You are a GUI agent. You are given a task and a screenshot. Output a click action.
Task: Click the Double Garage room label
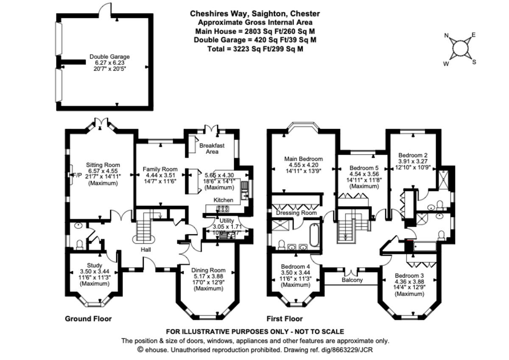click(x=109, y=56)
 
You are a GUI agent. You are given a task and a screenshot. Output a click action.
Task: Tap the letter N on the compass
click(x=446, y=36)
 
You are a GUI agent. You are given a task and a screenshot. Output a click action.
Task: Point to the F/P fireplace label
click(x=77, y=175)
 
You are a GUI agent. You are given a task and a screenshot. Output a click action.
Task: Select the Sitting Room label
click(x=103, y=165)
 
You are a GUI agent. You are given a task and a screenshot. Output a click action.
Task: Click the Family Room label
click(x=160, y=169)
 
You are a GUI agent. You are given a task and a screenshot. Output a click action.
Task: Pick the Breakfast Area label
click(x=212, y=149)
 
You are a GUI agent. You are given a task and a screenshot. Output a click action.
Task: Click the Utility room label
click(x=227, y=221)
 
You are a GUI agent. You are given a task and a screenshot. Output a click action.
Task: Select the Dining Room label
click(x=208, y=270)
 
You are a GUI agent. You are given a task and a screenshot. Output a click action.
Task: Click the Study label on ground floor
click(x=94, y=265)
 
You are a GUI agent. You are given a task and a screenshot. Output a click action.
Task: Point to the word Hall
click(x=146, y=250)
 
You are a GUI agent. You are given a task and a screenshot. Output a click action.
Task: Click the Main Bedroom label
click(x=303, y=159)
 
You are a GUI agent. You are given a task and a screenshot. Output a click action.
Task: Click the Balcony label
click(x=352, y=280)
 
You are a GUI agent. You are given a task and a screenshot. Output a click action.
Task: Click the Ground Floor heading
click(x=88, y=318)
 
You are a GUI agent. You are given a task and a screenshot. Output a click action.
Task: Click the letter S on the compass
click(x=474, y=62)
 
